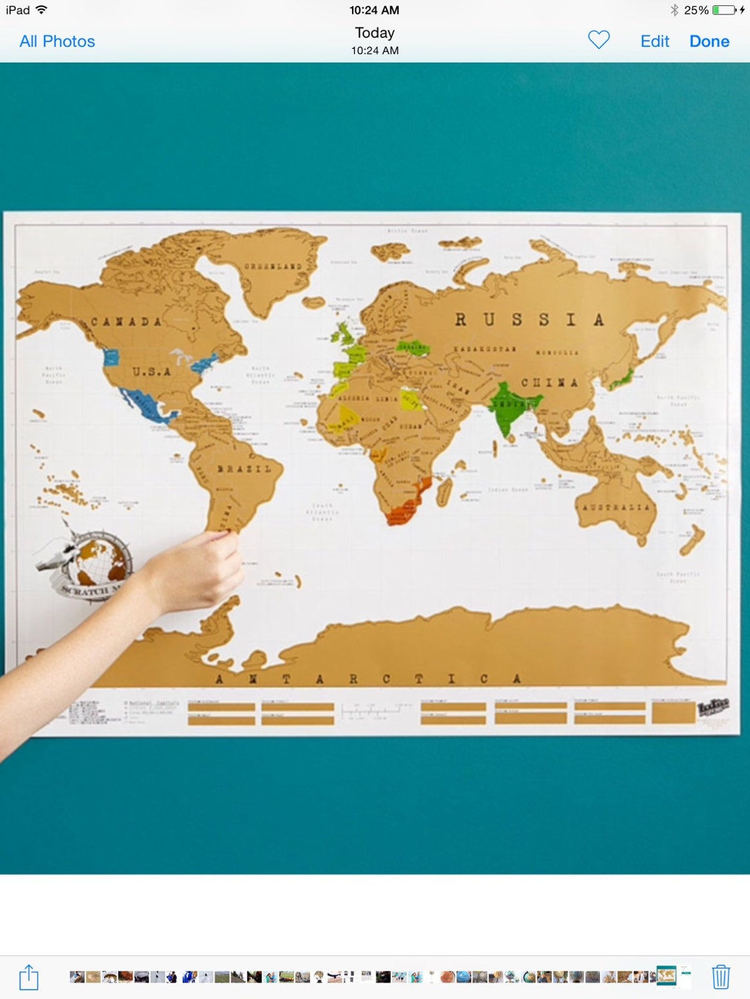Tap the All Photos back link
click(x=57, y=41)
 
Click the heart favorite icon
click(x=599, y=40)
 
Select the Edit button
click(x=655, y=41)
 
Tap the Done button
click(x=709, y=41)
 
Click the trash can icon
click(x=720, y=977)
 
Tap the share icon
click(x=29, y=977)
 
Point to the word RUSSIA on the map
click(x=529, y=320)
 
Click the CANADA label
click(x=126, y=322)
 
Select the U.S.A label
click(x=151, y=372)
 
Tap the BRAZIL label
click(x=244, y=469)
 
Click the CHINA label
click(x=549, y=383)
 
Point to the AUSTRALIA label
click(x=616, y=507)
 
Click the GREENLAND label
click(x=273, y=267)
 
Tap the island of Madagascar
click(x=445, y=490)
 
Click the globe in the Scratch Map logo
click(x=99, y=561)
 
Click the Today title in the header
click(x=374, y=33)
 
